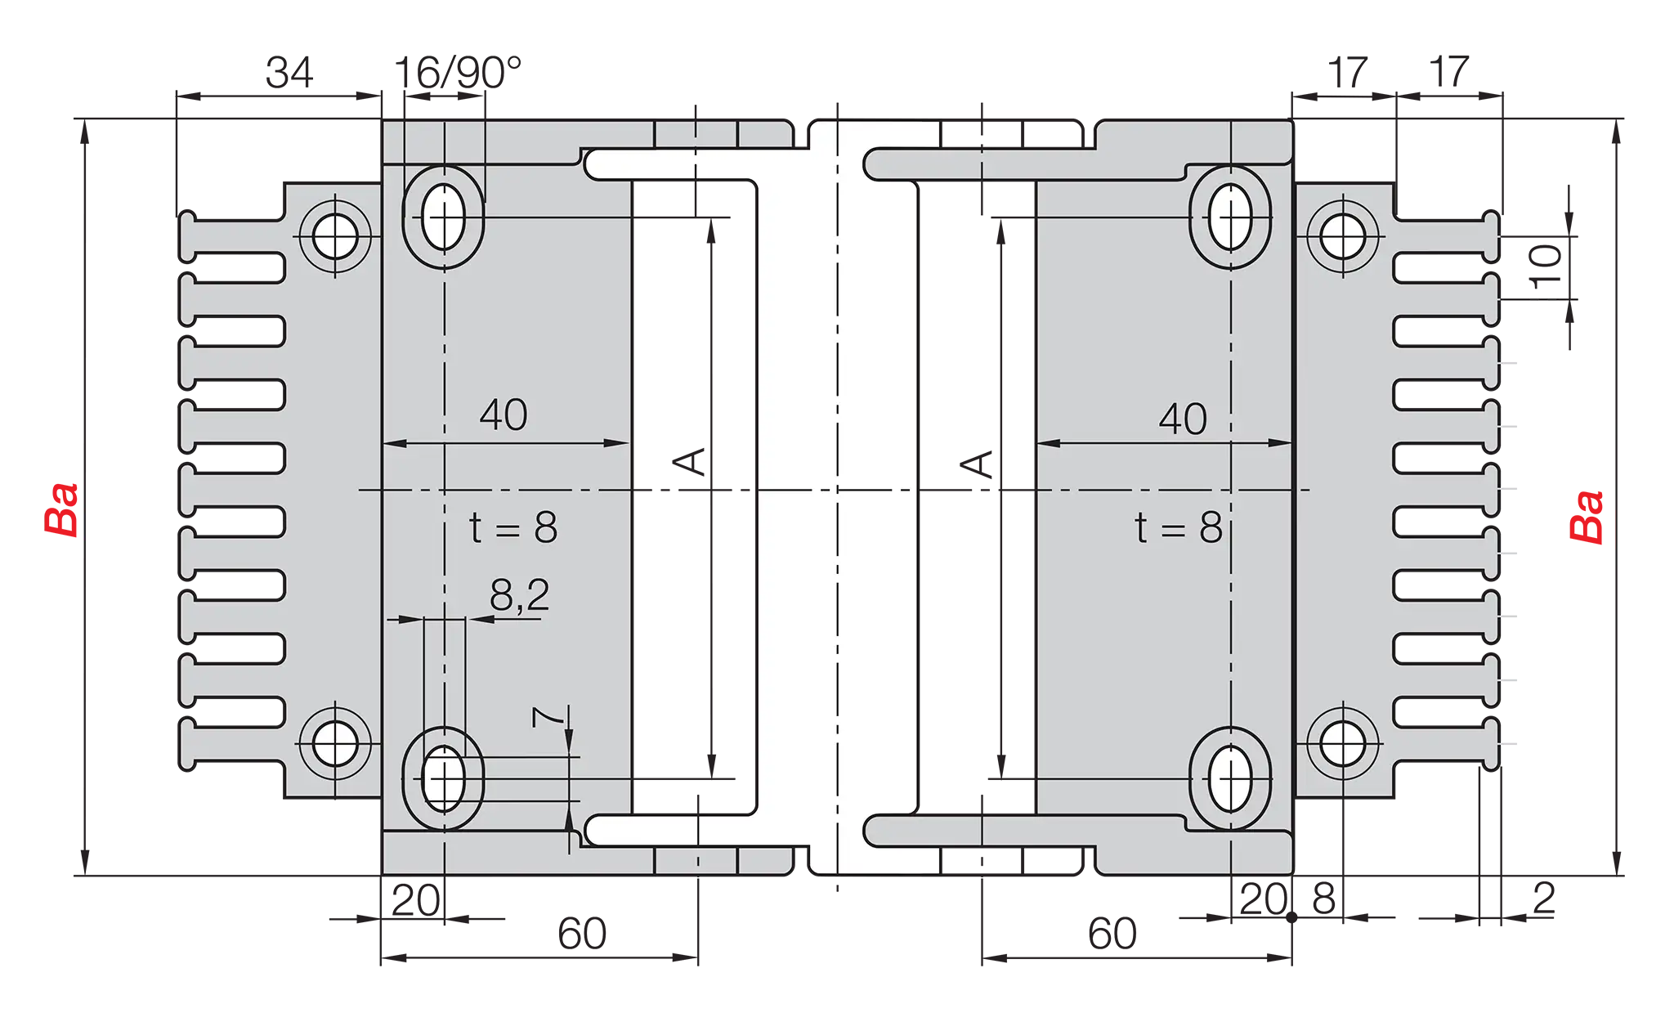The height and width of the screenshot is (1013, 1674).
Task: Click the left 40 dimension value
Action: (504, 415)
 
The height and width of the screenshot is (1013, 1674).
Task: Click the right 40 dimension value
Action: (1183, 419)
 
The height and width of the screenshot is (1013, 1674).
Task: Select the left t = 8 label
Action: (513, 528)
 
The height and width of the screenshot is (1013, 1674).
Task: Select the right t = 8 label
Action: (1179, 528)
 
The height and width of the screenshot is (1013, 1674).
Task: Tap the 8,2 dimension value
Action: (520, 596)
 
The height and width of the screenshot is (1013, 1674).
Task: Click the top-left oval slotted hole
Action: (444, 217)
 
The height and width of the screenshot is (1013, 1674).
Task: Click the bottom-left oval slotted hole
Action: (444, 779)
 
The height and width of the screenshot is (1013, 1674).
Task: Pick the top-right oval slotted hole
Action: (1230, 217)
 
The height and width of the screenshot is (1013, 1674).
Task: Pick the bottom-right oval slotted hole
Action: (1230, 779)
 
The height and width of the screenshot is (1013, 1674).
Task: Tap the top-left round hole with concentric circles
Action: (335, 237)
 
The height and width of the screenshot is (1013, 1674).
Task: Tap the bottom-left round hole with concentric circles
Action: (335, 744)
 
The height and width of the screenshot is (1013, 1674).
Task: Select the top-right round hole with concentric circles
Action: (1341, 237)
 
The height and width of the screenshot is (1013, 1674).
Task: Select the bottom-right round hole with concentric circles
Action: (1341, 744)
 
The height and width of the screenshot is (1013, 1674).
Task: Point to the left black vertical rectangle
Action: (693, 496)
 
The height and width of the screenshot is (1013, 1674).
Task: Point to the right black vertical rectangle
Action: (977, 496)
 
